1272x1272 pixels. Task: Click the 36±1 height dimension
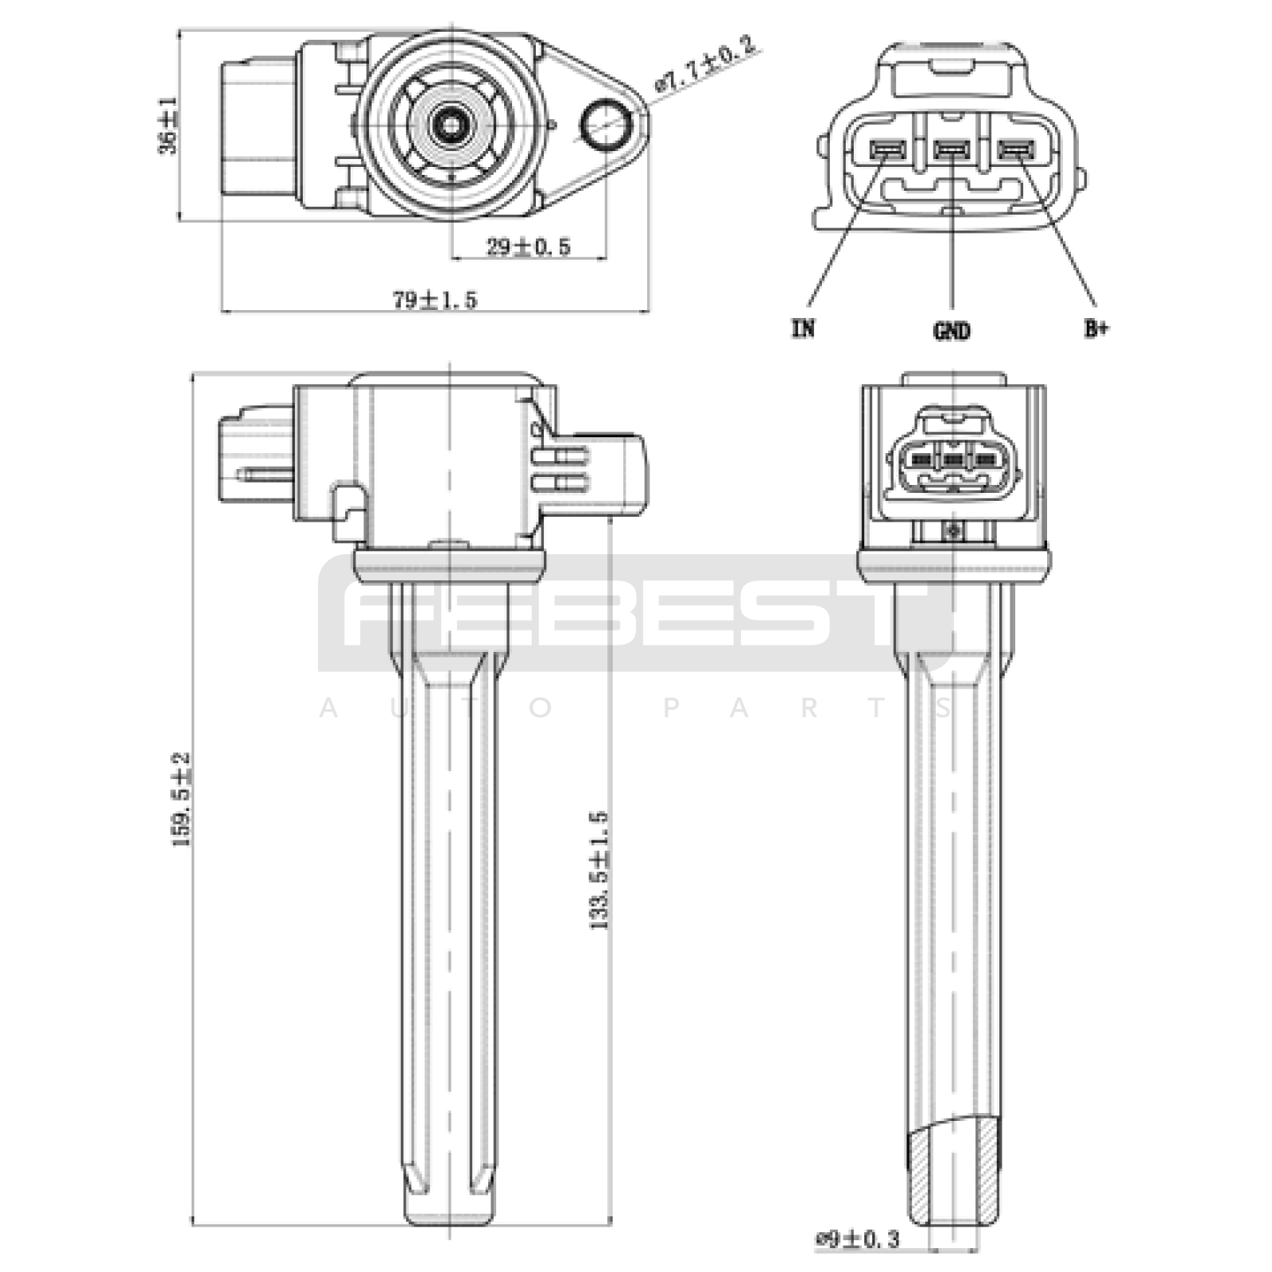[x=169, y=126]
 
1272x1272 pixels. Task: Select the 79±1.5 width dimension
[x=435, y=300]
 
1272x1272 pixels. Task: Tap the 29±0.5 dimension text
[x=529, y=246]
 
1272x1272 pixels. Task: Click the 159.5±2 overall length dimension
[x=182, y=799]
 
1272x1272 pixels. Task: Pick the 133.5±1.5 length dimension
[x=599, y=871]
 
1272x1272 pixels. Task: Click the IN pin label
[x=804, y=328]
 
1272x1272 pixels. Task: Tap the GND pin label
[x=952, y=330]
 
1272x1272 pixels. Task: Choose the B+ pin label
[x=1096, y=328]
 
